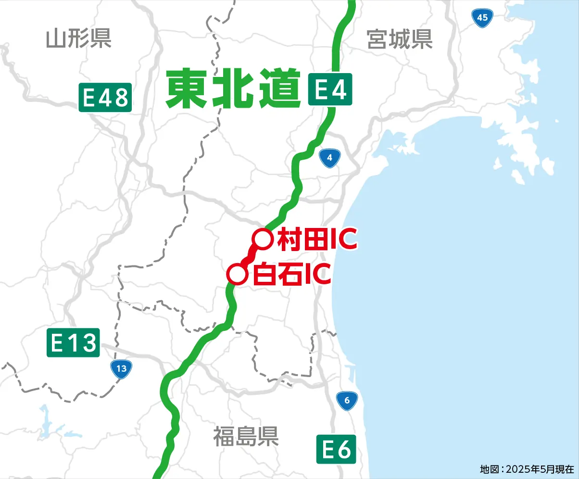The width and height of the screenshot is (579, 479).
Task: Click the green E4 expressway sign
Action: click(330, 89)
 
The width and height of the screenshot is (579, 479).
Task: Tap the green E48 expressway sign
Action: click(105, 98)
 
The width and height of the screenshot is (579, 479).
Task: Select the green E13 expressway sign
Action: click(73, 343)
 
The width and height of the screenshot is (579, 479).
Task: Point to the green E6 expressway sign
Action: click(336, 450)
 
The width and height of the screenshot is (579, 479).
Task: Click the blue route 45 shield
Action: click(483, 18)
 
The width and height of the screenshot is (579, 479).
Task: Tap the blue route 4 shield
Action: click(329, 158)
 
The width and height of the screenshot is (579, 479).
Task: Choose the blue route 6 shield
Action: click(347, 400)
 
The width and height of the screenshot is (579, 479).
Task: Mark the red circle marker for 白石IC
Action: click(237, 275)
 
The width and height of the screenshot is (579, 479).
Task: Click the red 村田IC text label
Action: click(317, 239)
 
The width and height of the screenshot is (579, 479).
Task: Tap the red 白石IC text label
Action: click(291, 275)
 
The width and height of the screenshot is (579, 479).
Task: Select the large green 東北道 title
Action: click(233, 88)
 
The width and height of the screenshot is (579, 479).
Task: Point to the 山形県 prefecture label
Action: click(79, 38)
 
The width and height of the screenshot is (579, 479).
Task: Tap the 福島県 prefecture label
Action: click(246, 436)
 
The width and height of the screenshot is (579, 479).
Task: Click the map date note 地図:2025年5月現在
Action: click(527, 468)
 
